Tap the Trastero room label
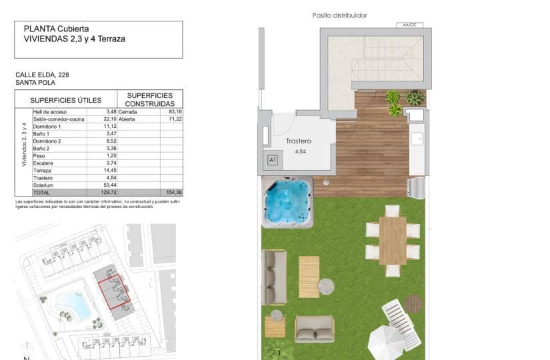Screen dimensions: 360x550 pos(299,141)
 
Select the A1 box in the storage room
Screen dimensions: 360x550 pos(272,160)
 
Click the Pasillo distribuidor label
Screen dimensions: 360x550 pos(339,15)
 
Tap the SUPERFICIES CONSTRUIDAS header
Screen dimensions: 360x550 pos(149,99)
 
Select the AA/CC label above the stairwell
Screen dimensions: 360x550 pos(409,25)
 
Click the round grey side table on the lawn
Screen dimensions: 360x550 pos(325,286)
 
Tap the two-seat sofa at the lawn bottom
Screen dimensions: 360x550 pos(314,329)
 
